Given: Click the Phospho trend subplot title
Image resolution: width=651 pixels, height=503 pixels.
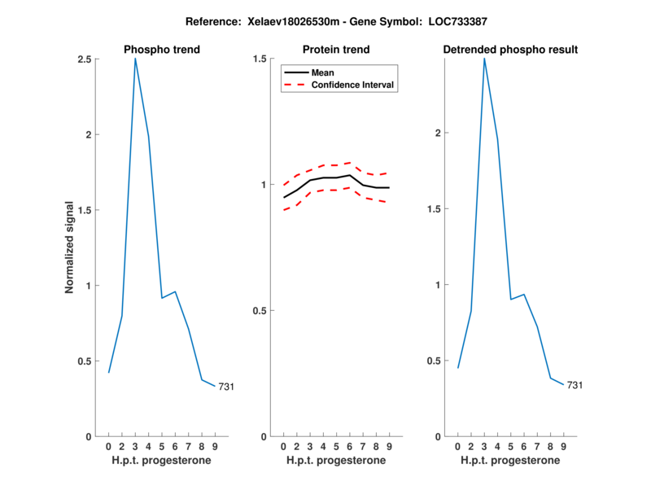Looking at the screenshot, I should (x=162, y=50).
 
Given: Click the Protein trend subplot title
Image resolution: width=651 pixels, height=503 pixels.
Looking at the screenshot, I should (x=336, y=50).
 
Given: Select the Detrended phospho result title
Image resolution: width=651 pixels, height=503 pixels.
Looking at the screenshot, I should (x=510, y=50).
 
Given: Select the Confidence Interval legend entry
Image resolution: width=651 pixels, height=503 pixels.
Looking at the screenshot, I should (x=353, y=84).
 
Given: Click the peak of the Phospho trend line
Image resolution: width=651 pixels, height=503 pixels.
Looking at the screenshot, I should (x=135, y=59).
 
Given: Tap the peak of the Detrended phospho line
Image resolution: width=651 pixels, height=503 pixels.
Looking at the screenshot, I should (x=484, y=59).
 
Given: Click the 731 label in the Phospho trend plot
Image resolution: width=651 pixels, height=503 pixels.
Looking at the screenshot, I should (x=226, y=387).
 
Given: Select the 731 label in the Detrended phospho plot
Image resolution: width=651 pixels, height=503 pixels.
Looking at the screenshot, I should (x=575, y=385).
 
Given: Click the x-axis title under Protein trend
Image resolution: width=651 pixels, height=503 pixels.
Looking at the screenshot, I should (x=336, y=461).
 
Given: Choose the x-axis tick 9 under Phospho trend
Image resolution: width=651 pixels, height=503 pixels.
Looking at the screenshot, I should (x=215, y=446).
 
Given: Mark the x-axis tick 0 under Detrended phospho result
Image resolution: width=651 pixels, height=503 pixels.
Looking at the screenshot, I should (x=457, y=446).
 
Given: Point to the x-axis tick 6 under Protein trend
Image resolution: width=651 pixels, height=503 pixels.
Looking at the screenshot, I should (x=349, y=446).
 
